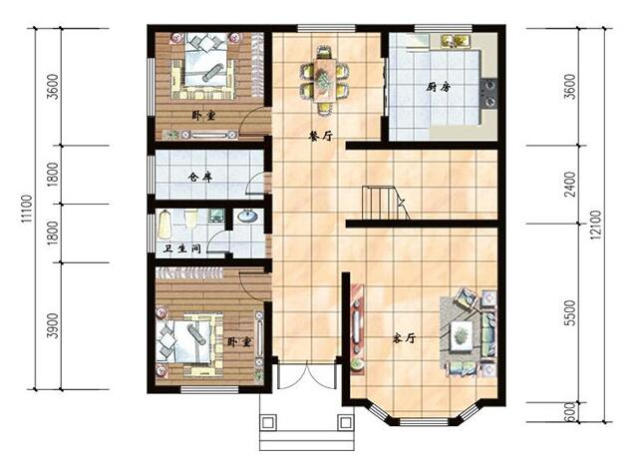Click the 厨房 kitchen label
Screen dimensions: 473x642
click(440, 88)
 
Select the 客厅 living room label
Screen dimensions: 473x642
click(403, 339)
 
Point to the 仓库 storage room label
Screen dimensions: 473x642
click(200, 178)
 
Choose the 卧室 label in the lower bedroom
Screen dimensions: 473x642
click(238, 341)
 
